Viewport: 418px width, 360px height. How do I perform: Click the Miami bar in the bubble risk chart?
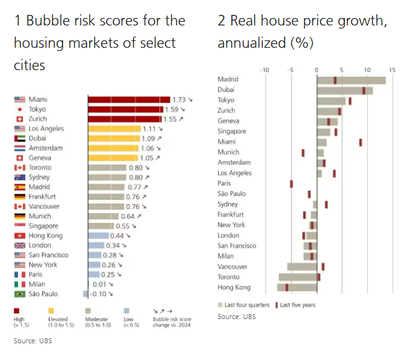(x=128, y=99)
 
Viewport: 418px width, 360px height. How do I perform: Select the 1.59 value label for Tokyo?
(x=171, y=109)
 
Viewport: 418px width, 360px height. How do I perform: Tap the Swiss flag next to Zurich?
(x=19, y=119)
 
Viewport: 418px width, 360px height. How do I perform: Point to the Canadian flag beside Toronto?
(x=19, y=168)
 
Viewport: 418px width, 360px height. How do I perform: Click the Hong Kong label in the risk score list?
(x=45, y=236)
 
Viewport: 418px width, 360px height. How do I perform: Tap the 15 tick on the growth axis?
(x=392, y=70)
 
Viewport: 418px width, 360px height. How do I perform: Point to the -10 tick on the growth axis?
(x=265, y=70)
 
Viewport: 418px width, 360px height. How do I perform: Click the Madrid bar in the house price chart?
(x=351, y=79)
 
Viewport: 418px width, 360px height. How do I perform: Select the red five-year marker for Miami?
(x=360, y=142)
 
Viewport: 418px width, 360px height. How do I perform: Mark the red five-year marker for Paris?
(x=291, y=184)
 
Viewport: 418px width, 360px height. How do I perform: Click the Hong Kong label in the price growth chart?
(x=234, y=287)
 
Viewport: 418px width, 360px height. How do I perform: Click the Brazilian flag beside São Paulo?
(x=19, y=294)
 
